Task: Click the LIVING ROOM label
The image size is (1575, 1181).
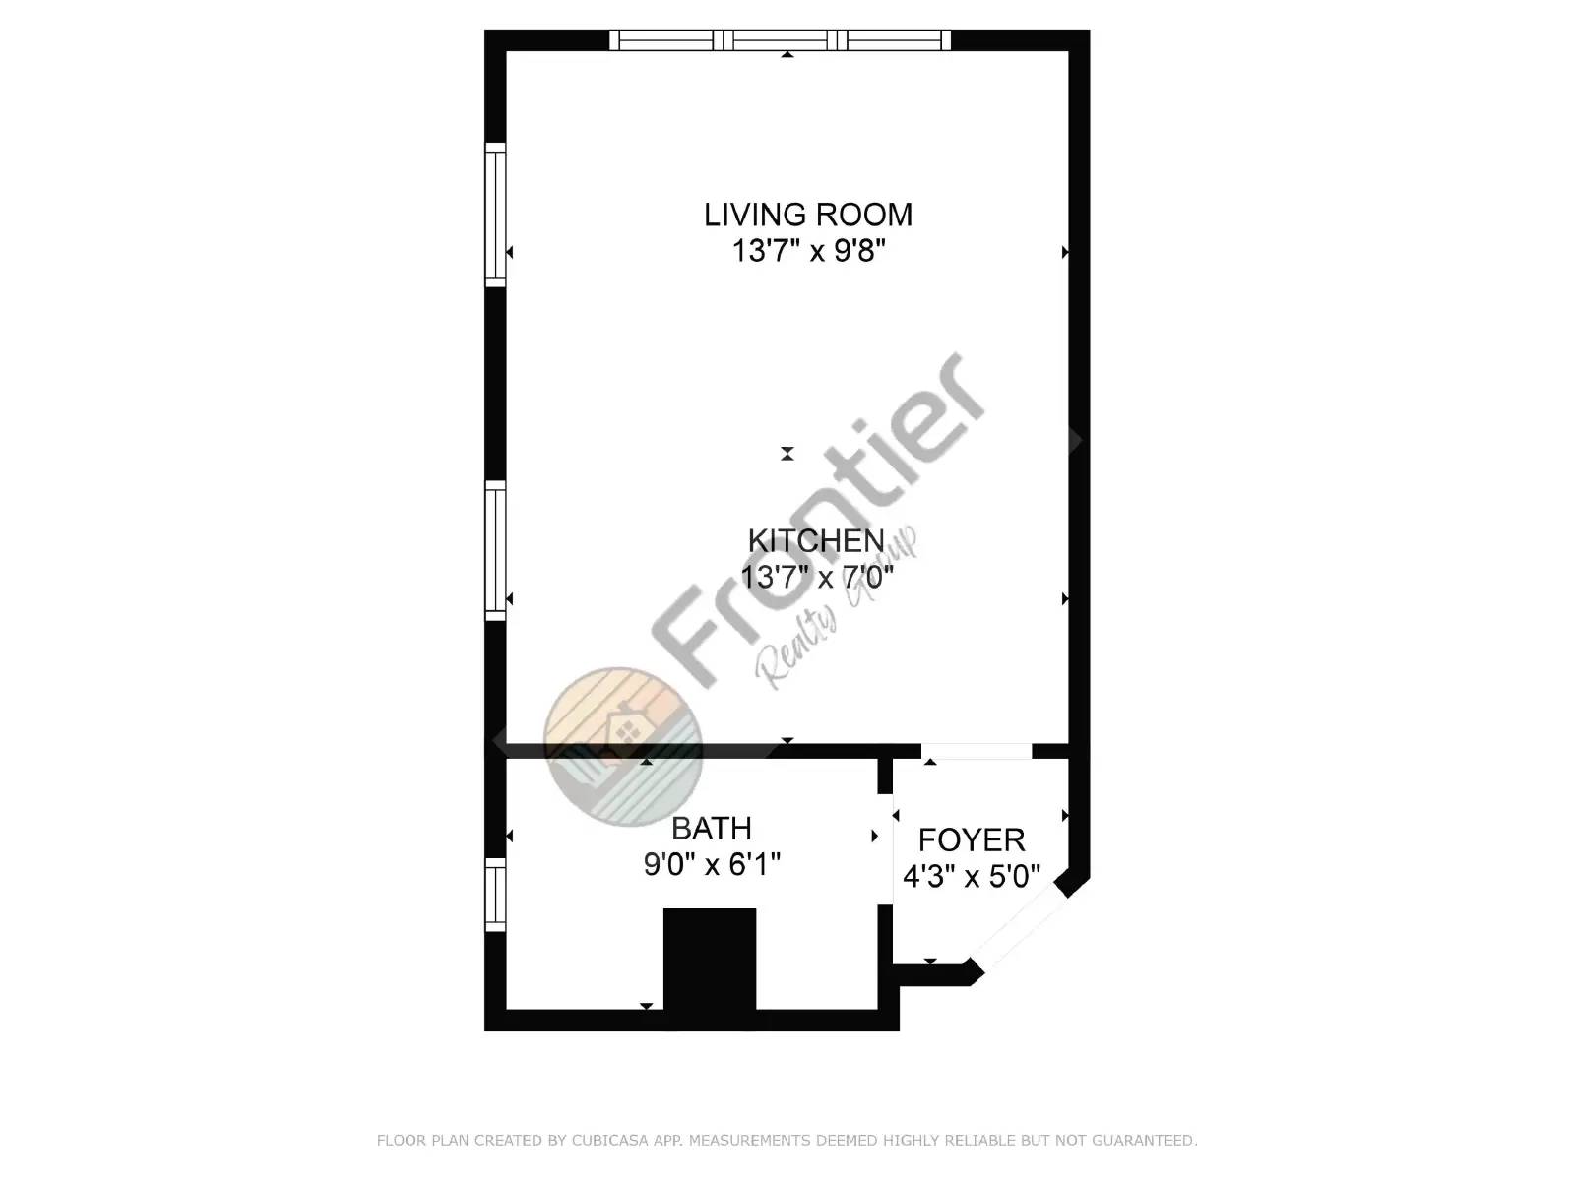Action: (808, 215)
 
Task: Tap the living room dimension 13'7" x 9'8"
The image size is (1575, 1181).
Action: (808, 251)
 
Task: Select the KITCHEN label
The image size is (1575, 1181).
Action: (816, 541)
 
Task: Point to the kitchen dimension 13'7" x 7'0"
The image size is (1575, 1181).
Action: (816, 577)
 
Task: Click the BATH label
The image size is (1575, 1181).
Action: (712, 828)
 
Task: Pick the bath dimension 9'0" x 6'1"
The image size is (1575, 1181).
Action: (712, 864)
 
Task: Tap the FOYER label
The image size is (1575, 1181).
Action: (972, 839)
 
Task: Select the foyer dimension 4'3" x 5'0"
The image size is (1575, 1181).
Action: (972, 876)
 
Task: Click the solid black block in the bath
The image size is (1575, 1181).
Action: (710, 959)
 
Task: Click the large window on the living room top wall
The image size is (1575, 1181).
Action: (781, 40)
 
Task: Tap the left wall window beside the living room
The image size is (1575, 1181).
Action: (495, 215)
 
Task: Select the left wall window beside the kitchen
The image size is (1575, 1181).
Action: (495, 550)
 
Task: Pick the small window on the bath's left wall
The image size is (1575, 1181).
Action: (495, 894)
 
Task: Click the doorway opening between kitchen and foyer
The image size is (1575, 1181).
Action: (976, 751)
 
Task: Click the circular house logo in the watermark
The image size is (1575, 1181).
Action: (622, 745)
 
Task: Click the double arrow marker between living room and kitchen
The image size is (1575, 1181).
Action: (787, 454)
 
